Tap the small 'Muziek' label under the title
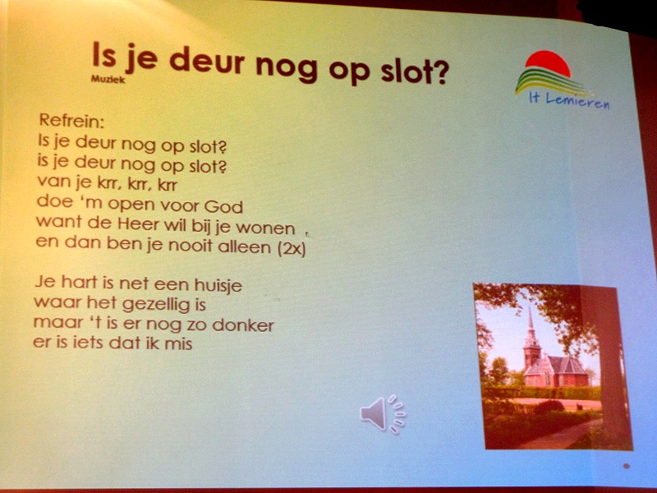click(108, 79)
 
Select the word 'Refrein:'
click(71, 120)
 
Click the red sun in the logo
click(548, 63)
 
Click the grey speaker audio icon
click(383, 414)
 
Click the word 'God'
click(223, 206)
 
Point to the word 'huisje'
click(218, 286)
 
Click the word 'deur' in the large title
click(207, 62)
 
